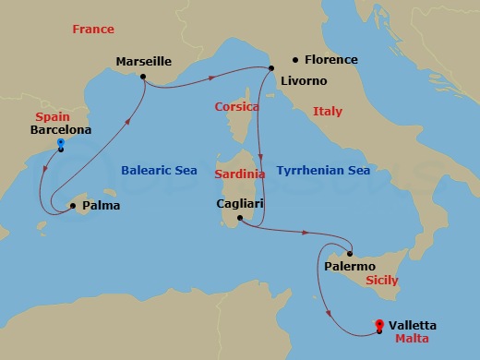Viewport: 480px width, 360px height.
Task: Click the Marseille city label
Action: pos(144,62)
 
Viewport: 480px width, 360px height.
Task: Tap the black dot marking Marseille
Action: pos(143,77)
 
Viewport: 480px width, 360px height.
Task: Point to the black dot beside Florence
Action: pos(285,60)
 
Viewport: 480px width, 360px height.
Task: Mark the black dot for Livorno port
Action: pos(271,68)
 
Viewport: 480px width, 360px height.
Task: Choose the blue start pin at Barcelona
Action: pos(60,145)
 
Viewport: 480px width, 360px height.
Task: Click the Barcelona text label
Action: pos(60,131)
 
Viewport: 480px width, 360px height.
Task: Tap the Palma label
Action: pos(101,206)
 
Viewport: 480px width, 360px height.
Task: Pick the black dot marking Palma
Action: pos(74,206)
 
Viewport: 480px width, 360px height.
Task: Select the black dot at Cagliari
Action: pos(239,219)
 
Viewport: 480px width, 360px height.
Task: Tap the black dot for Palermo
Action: pos(351,252)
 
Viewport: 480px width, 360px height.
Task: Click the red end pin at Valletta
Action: pos(379,325)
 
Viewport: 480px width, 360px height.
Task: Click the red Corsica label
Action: pos(235,107)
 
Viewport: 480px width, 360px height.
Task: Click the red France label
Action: pos(93,30)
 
